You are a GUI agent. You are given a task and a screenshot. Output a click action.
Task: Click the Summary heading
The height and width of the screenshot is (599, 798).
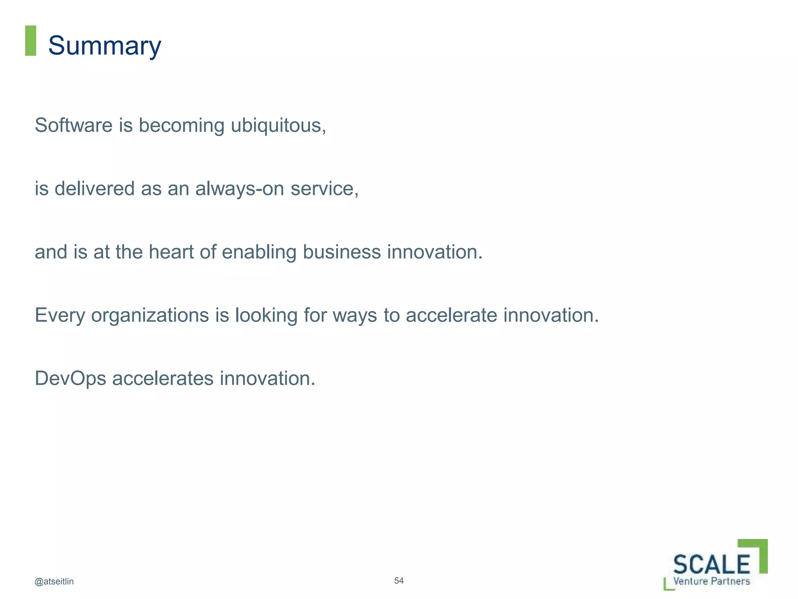pyautogui.click(x=104, y=46)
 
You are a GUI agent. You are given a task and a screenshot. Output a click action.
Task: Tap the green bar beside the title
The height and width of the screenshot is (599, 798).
pyautogui.click(x=30, y=41)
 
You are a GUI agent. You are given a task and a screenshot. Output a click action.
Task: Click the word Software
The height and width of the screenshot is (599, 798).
pyautogui.click(x=74, y=126)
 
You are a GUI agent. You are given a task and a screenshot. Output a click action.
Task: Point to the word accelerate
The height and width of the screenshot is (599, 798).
pyautogui.click(x=451, y=315)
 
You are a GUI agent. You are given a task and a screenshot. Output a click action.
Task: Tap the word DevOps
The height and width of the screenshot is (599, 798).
pyautogui.click(x=71, y=379)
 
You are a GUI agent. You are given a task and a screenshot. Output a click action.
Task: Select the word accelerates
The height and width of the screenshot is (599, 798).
pyautogui.click(x=163, y=379)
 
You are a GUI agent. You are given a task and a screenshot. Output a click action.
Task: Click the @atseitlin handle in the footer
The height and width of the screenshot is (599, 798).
pyautogui.click(x=54, y=581)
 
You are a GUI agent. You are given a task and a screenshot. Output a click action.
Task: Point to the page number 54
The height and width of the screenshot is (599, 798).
pyautogui.click(x=399, y=581)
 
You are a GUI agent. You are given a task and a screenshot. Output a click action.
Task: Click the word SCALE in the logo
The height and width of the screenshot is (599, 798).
pyautogui.click(x=711, y=564)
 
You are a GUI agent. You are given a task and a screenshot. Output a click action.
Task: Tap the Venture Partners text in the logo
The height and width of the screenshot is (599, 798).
pyautogui.click(x=711, y=581)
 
